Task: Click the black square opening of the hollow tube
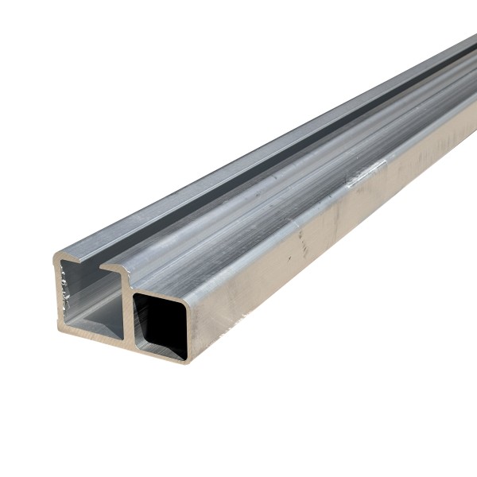pyautogui.click(x=161, y=322)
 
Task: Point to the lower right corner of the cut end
pyautogui.click(x=188, y=359)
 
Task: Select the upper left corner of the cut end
pyautogui.click(x=56, y=256)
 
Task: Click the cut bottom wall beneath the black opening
pyautogui.click(x=163, y=355)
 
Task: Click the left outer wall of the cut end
pyautogui.click(x=59, y=294)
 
